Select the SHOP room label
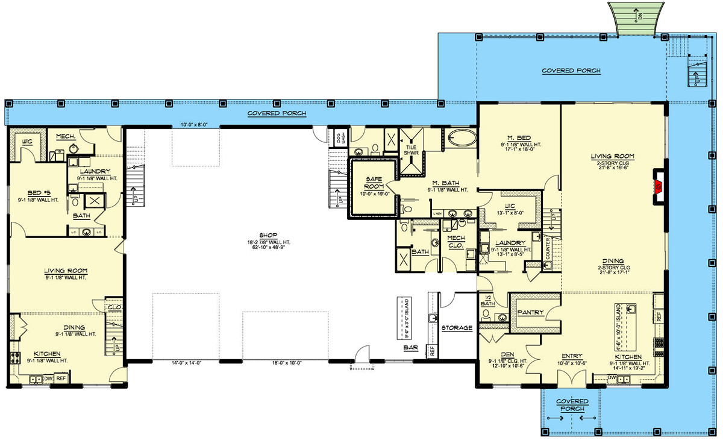261,235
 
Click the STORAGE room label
457,328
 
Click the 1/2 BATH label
487,300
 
